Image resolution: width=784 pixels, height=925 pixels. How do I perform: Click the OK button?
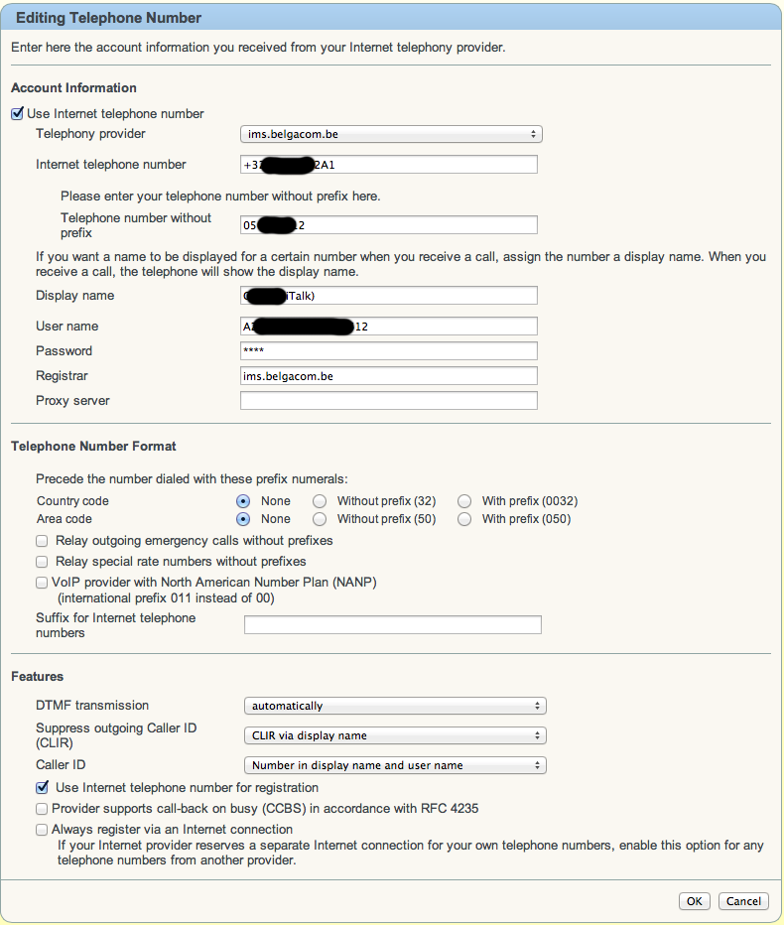694,901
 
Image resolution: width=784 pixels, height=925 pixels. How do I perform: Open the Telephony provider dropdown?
391,134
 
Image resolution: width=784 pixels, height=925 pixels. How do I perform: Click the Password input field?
388,351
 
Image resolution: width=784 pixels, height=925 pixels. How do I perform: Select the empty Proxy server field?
388,401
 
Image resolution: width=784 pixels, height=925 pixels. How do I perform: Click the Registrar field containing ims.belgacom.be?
388,376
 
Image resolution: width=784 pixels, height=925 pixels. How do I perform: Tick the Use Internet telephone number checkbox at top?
17,114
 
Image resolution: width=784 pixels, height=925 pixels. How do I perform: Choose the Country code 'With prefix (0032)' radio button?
464,501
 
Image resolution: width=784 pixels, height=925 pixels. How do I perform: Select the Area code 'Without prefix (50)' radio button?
320,519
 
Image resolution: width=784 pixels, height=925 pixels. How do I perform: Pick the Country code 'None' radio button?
243,501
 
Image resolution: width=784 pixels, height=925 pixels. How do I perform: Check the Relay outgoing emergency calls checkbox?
42,541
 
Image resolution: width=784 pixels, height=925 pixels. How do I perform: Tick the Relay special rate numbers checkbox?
42,562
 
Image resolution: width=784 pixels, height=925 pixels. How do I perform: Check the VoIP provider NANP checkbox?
42,583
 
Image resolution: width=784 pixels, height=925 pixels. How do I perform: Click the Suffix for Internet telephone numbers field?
392,625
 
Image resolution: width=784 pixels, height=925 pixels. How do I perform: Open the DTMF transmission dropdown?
395,707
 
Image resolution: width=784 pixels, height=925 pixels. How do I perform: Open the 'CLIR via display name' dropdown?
395,736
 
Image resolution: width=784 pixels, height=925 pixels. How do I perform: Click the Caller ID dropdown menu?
395,766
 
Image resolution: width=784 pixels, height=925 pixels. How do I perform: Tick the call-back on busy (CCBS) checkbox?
42,809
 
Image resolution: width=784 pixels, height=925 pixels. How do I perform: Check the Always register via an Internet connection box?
42,829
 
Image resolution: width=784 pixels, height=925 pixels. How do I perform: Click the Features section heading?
38,677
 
